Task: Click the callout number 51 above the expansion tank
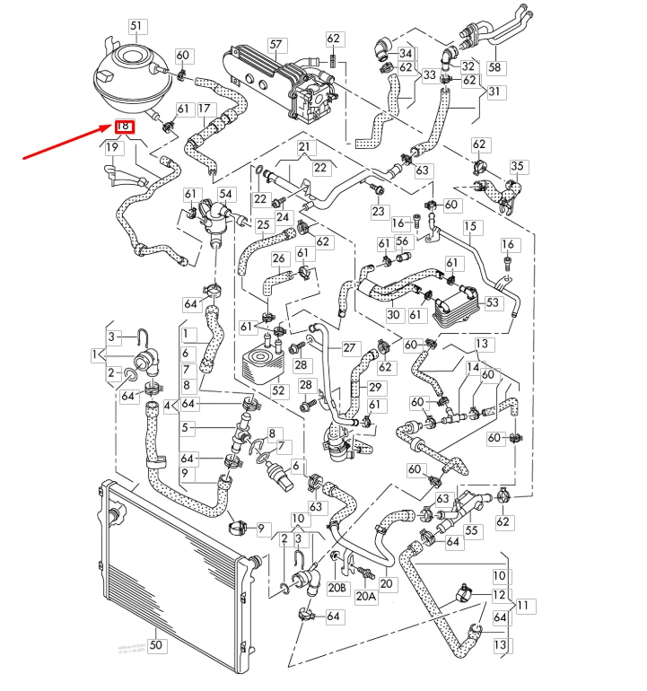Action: point(136,26)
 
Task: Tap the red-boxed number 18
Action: point(125,127)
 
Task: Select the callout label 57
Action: point(275,44)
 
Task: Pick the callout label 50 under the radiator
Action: point(155,644)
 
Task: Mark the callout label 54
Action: point(225,195)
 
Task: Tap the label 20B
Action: point(337,588)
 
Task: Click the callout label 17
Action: point(205,109)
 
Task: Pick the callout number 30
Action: point(393,314)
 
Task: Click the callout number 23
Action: point(378,211)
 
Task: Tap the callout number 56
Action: point(403,242)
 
